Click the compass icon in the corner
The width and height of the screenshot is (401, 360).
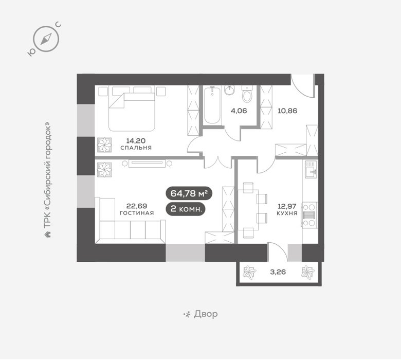(x=46, y=39)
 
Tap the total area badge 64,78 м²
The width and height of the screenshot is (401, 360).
(x=189, y=193)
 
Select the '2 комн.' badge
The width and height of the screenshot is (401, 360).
(x=186, y=209)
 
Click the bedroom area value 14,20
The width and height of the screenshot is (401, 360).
(x=136, y=141)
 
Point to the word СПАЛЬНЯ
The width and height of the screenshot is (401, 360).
(x=136, y=148)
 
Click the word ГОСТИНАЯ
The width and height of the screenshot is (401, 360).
(x=137, y=213)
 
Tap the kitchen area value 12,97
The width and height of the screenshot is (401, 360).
(x=287, y=206)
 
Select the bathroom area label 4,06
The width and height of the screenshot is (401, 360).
(x=239, y=111)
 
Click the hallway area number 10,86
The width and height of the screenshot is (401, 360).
(x=287, y=111)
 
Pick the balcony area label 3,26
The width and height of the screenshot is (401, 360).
(x=278, y=272)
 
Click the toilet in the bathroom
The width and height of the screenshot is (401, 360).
(x=247, y=94)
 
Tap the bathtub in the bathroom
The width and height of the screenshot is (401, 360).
(x=212, y=105)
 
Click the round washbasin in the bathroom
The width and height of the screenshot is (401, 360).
(x=229, y=91)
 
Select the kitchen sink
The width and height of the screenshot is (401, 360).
(x=311, y=169)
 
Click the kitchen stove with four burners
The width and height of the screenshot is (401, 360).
(x=309, y=214)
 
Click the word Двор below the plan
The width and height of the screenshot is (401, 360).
(x=206, y=314)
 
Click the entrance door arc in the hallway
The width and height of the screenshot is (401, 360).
(x=302, y=88)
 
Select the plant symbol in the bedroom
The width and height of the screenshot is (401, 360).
(x=104, y=145)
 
